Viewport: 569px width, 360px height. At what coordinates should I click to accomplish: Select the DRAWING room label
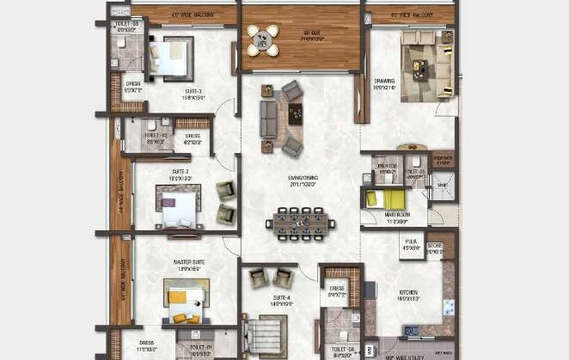[x=384, y=83]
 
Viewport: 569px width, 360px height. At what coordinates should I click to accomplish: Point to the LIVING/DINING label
[x=303, y=180]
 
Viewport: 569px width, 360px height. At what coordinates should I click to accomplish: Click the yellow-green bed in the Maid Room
[x=379, y=199]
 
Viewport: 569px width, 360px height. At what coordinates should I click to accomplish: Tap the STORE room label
[x=435, y=247]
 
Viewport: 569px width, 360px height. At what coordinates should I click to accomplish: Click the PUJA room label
[x=410, y=247]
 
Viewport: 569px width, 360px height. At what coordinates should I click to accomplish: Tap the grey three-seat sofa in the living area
[x=269, y=120]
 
